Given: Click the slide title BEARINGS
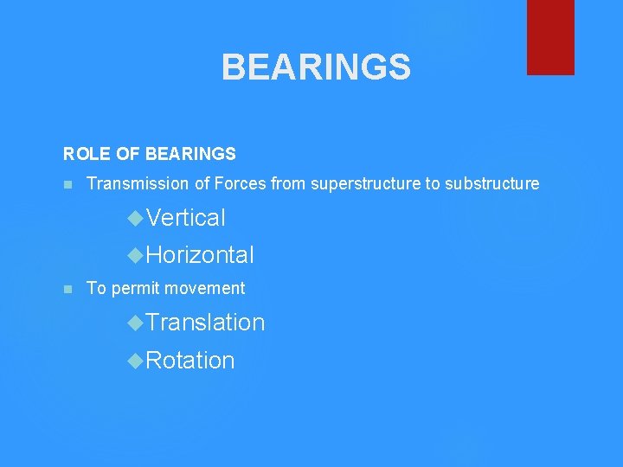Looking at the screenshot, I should (x=316, y=67).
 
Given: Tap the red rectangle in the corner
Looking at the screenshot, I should (x=550, y=36).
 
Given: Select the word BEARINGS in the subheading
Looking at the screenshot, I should (x=190, y=154).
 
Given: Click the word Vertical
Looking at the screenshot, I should (x=186, y=218).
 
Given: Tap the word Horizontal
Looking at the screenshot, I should (x=200, y=255).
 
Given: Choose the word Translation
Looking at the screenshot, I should (x=205, y=323).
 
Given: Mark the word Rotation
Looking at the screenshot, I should (x=190, y=361).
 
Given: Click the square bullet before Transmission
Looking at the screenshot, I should (x=67, y=184).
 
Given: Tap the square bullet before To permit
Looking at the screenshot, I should (x=67, y=289).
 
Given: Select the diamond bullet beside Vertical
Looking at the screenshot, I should (x=135, y=218).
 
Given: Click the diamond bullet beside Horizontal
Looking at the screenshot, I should (x=135, y=255).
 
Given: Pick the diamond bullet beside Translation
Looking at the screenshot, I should (x=135, y=323).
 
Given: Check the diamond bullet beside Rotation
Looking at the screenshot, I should (x=135, y=361).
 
